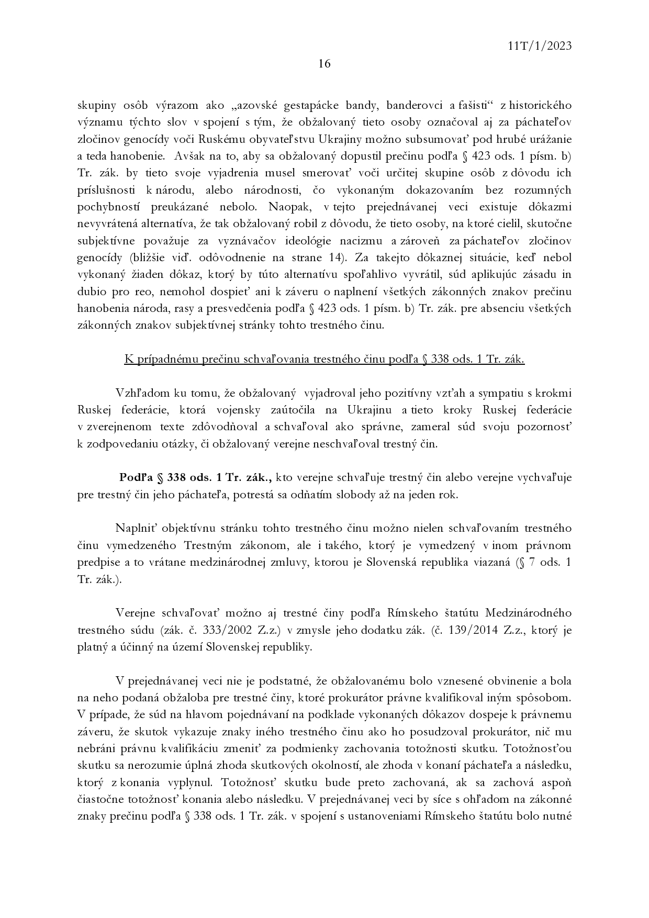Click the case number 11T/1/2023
(x=539, y=46)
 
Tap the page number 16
(x=324, y=64)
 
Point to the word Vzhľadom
(x=139, y=393)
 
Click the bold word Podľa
(x=136, y=477)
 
